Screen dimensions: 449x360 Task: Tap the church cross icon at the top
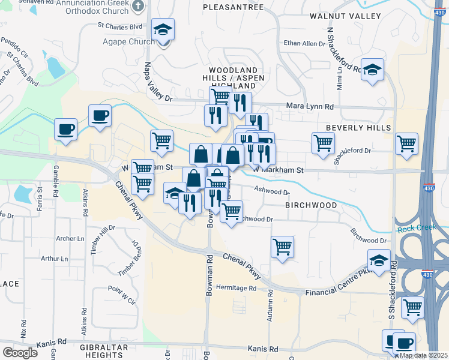tap(138, 7)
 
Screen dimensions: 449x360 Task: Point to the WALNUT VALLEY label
tap(345, 16)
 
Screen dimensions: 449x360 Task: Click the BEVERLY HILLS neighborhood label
tap(358, 128)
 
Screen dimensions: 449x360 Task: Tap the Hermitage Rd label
tap(237, 288)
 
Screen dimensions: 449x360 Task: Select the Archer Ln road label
tap(70, 239)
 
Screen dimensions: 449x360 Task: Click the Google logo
tap(20, 352)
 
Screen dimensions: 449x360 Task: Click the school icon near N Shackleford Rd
tap(372, 70)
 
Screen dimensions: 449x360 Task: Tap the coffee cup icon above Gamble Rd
tap(65, 128)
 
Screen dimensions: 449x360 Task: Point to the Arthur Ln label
tap(56, 259)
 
